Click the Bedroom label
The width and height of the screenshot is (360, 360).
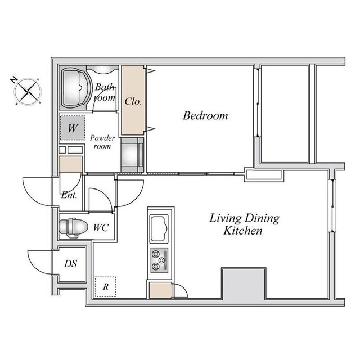coord(205,115)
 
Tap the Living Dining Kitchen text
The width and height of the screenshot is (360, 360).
coord(244,224)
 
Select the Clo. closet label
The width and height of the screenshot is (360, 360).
coord(133,101)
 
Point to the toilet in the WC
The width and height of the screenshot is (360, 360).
coord(73,227)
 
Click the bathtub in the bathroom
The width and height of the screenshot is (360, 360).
coord(75,88)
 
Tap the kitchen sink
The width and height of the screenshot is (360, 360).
coord(159,228)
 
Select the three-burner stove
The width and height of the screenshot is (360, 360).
coord(159,260)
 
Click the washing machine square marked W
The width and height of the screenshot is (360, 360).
coord(73,128)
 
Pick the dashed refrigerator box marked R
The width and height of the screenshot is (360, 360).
coord(105,286)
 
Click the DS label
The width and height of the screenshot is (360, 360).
coord(70,264)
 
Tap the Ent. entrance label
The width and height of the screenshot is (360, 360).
coord(69,195)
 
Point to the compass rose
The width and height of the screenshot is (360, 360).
coord(28,92)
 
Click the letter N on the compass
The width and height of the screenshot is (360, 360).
coord(14,80)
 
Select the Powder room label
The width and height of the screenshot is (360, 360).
coord(102,142)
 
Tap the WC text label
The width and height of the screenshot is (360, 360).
coord(101,227)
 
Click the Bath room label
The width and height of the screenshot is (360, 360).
coord(105,92)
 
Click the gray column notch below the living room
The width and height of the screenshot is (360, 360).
coord(244,283)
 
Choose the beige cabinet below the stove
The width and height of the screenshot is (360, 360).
coord(160,290)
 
